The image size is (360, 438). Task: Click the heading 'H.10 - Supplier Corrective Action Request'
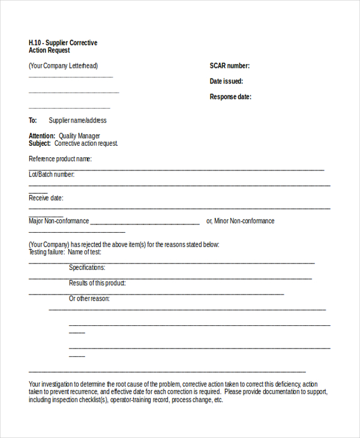[62, 47]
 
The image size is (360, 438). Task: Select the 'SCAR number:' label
[229, 66]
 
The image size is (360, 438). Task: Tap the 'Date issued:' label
[226, 82]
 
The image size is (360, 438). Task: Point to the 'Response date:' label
[230, 97]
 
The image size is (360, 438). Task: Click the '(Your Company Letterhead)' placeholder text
[63, 66]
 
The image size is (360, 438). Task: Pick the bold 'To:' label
[33, 121]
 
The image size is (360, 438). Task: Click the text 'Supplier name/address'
[77, 121]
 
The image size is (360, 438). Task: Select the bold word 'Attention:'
[42, 136]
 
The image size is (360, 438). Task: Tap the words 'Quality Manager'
[79, 136]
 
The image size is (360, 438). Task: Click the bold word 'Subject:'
[40, 144]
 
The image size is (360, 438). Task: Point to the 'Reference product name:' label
[60, 160]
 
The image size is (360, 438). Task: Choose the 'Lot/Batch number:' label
[52, 175]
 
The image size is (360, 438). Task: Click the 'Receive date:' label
[46, 198]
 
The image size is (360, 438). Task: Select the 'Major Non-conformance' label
[59, 221]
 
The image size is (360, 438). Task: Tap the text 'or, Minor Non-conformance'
[240, 221]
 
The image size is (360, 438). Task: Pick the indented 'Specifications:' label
[87, 268]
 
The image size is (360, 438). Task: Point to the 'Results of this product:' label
[97, 283]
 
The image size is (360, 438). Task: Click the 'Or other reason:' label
[89, 299]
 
